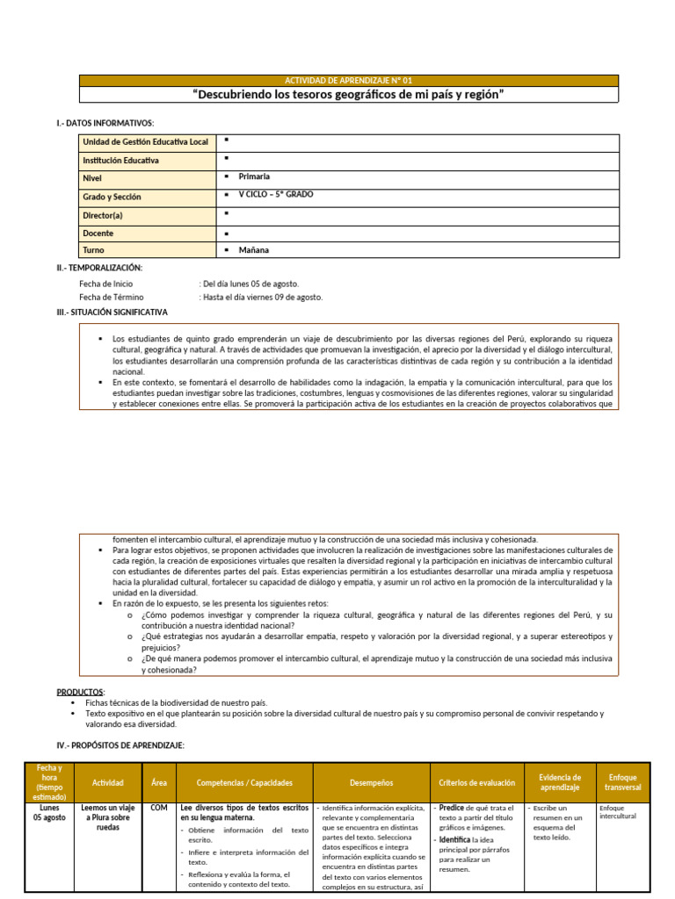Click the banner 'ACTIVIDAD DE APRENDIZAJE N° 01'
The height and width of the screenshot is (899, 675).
[x=349, y=80]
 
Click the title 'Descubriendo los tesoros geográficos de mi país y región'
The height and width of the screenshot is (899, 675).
[x=349, y=95]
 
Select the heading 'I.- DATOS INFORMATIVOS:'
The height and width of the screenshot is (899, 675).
[x=105, y=123]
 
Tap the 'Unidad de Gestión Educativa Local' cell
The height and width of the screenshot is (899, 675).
[x=145, y=142]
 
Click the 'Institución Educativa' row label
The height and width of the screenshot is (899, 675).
[x=120, y=161]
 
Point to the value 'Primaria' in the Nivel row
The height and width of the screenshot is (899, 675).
[x=254, y=176]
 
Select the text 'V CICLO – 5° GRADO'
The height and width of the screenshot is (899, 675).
[x=275, y=194]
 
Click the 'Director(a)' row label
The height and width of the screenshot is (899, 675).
[x=103, y=215]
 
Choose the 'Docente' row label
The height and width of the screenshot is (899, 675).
[x=98, y=234]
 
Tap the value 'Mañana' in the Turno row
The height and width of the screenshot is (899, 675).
[x=253, y=250]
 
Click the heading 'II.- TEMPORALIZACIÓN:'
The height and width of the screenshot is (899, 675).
[x=98, y=268]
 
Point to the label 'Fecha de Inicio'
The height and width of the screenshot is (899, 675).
[x=106, y=284]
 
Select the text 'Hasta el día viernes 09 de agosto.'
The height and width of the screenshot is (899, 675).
[x=264, y=297]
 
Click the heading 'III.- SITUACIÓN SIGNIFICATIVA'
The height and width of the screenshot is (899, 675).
[x=112, y=312]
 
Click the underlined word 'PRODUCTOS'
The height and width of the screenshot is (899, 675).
[x=81, y=692]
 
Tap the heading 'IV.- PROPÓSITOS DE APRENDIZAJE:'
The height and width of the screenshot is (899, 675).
[x=120, y=744]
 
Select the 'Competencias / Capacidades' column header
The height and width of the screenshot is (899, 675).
[x=244, y=782]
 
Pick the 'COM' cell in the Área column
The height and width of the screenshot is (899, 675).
[x=159, y=807]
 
